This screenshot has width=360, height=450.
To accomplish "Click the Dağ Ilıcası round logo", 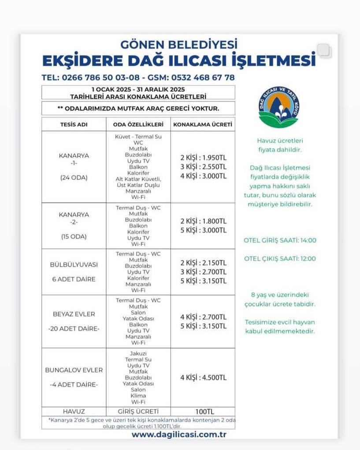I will coord(278,107).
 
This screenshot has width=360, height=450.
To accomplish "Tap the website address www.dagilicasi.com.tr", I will coord(179,434).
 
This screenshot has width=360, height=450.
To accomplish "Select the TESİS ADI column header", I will coord(74,125).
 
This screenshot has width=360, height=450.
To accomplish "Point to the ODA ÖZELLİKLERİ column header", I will coord(138,125).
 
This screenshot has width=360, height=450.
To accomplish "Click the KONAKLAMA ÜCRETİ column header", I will coord(203,125).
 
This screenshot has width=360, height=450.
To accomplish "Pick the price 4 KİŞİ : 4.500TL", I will coord(203,378).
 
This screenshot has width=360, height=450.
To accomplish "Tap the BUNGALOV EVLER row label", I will coord(74,370).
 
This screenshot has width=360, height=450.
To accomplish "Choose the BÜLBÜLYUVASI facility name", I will coord(74,265).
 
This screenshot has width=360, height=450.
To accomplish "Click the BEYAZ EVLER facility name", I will coord(74,314).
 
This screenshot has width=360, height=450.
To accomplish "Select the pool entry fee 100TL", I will coord(203,412).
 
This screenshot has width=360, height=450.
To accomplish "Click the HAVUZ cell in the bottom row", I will coord(74,412).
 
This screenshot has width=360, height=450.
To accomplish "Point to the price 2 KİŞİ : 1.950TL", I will coord(203,158).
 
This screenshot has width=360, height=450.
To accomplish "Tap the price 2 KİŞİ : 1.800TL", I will coord(203,221).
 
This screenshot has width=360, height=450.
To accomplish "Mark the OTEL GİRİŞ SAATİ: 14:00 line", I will coord(280,240).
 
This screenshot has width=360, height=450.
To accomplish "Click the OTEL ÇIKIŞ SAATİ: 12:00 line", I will coord(280,259).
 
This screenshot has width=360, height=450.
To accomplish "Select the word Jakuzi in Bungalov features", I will coord(138,354).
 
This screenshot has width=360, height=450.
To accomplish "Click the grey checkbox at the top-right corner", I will coord(323,51).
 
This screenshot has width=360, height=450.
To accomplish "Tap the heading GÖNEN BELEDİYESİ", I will coord(179,44).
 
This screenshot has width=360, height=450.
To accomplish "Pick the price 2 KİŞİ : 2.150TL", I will coord(203,263).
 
